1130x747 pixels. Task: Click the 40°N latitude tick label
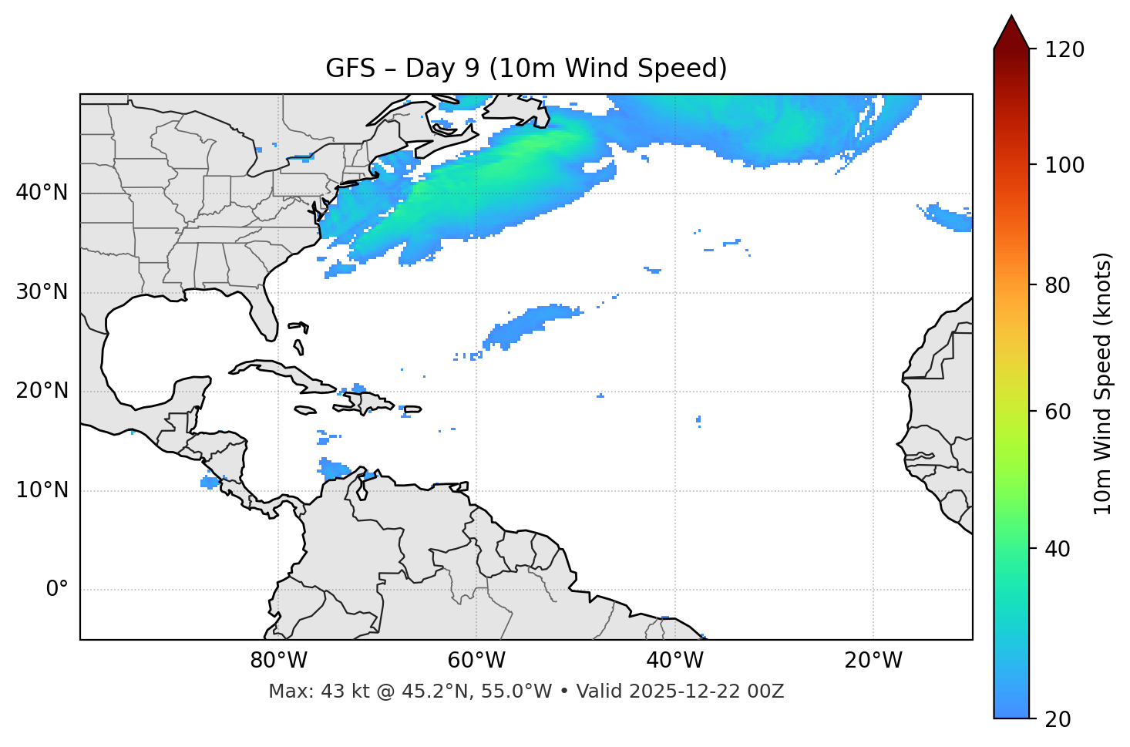42,193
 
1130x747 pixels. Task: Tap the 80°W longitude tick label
278,661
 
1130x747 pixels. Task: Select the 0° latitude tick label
57,590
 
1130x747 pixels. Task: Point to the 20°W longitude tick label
873,661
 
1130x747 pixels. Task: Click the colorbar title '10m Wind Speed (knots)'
1103,383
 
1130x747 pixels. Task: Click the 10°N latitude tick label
42,491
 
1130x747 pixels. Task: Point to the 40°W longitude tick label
675,661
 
